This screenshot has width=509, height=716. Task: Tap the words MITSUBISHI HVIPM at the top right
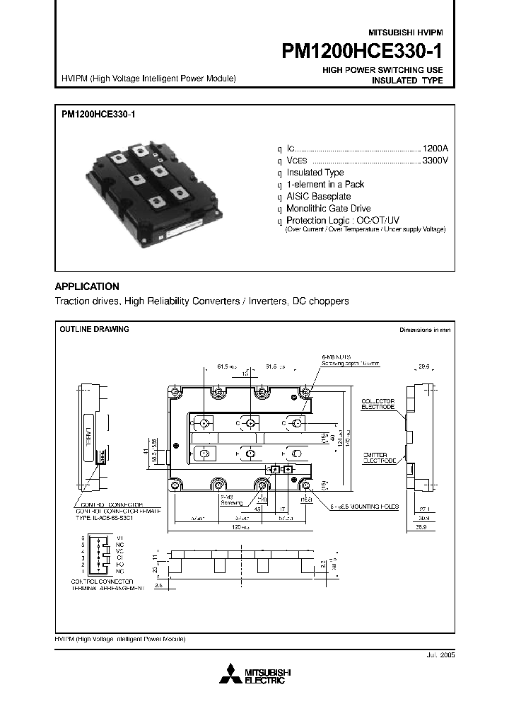(x=405, y=33)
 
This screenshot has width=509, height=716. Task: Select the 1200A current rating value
(x=435, y=149)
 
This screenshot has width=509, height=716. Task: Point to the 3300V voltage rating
(x=435, y=161)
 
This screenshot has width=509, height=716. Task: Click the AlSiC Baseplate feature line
(x=318, y=197)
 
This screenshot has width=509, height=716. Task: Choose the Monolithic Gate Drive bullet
(x=328, y=209)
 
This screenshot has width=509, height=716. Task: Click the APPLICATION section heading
(x=87, y=287)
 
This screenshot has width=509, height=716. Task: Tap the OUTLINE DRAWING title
(x=94, y=330)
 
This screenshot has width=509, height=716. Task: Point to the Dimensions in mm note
(x=424, y=330)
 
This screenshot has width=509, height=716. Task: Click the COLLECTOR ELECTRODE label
(x=379, y=404)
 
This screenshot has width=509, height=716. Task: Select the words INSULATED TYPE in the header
(x=407, y=81)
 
